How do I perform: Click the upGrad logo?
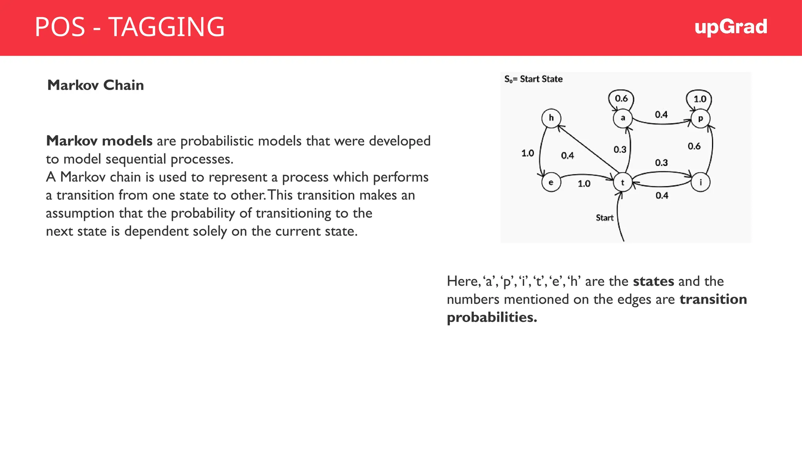click(x=730, y=27)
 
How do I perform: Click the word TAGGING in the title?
click(x=166, y=27)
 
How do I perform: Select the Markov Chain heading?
click(x=96, y=85)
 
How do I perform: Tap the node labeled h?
click(x=551, y=118)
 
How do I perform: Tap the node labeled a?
click(x=623, y=118)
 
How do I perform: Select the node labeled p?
click(x=701, y=118)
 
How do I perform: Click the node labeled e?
click(x=551, y=182)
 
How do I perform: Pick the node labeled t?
click(x=623, y=182)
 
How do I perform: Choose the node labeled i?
click(x=701, y=182)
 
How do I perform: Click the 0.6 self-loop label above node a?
click(x=621, y=98)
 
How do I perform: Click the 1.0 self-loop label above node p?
click(x=700, y=99)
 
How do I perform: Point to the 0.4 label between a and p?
click(x=661, y=115)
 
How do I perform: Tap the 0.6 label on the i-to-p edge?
click(x=694, y=146)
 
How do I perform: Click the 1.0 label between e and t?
click(x=584, y=184)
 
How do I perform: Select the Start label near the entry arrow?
click(x=604, y=218)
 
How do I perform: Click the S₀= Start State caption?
click(x=533, y=79)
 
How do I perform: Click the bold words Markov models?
click(x=99, y=141)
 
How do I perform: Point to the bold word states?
click(x=653, y=281)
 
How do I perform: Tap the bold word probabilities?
click(x=491, y=317)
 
